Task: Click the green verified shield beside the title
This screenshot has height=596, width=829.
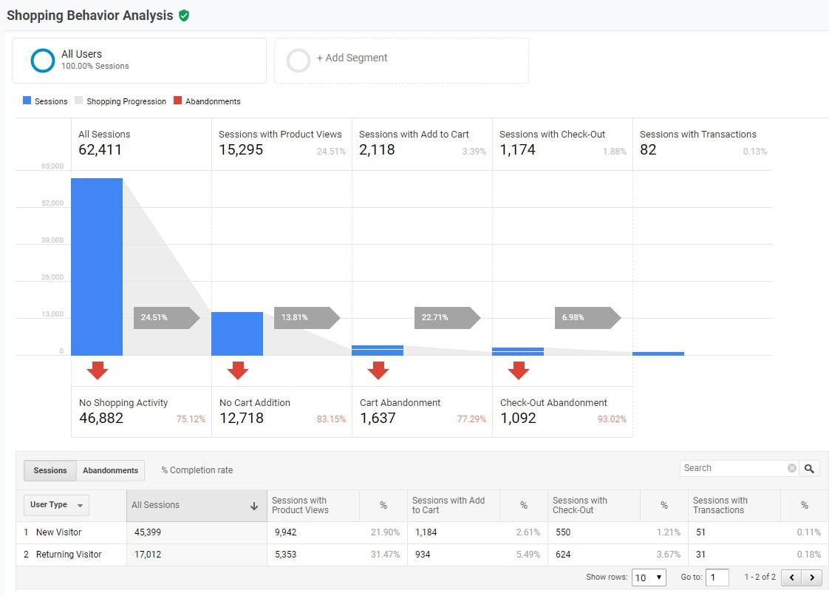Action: tap(184, 16)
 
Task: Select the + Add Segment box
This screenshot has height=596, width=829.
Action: tap(401, 60)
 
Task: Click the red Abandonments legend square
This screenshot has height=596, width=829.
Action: tap(177, 101)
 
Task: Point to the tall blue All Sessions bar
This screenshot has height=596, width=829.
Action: tap(97, 266)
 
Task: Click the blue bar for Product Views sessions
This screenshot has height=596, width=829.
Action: tap(237, 333)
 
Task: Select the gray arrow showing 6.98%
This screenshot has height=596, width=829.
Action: tap(587, 318)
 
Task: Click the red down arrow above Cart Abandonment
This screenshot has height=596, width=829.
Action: tap(378, 370)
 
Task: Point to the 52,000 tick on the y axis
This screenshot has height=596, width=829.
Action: tap(52, 203)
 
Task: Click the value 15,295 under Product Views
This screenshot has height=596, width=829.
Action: tap(241, 150)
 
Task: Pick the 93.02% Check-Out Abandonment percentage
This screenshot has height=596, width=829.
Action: tap(612, 419)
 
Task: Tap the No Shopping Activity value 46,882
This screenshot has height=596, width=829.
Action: tap(101, 419)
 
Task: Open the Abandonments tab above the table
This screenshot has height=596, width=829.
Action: tap(110, 471)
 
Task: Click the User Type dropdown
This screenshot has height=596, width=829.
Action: tap(57, 505)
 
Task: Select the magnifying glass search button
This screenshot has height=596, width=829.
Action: tap(810, 469)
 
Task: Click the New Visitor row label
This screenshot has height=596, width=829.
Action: tap(58, 532)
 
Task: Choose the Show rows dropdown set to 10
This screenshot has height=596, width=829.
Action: tap(649, 578)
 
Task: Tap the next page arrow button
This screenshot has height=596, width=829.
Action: tap(812, 578)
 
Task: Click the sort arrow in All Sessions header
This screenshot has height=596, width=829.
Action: tap(254, 506)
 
